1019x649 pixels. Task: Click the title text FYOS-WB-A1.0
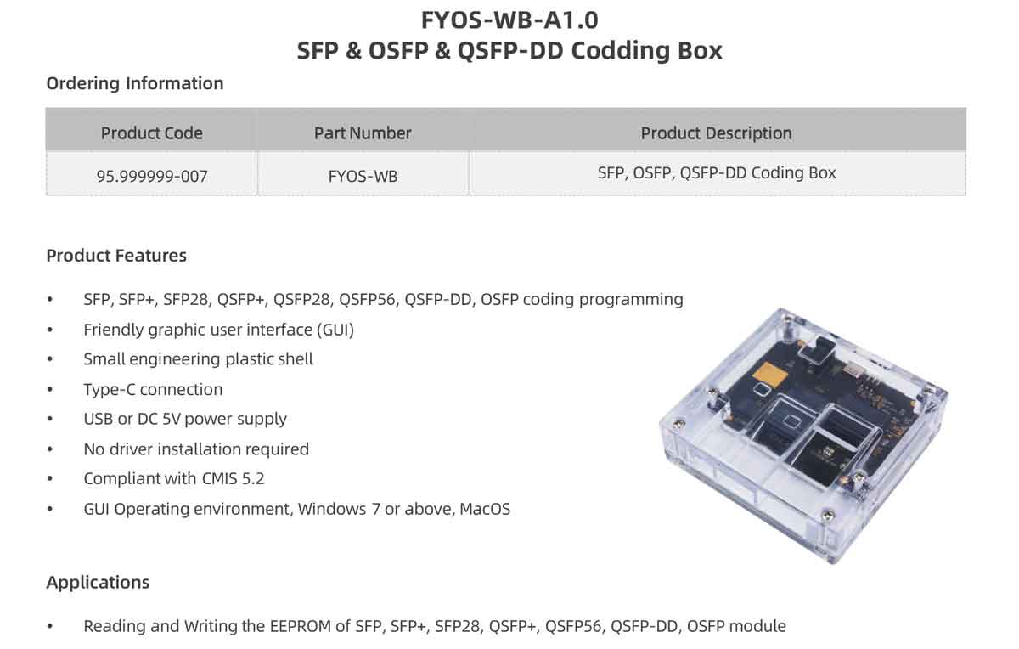[509, 20]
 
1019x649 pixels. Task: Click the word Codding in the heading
[620, 51]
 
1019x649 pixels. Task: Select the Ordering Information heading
[135, 84]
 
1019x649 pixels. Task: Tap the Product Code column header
[151, 133]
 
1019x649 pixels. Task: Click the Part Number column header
[363, 133]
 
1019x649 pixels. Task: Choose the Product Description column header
[717, 133]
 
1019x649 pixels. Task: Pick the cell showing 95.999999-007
[152, 176]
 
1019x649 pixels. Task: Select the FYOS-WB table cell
[363, 176]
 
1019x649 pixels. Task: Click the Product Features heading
[116, 256]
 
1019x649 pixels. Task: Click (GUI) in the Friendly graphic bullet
[335, 330]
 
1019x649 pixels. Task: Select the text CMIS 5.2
[233, 479]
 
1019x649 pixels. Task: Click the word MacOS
[485, 509]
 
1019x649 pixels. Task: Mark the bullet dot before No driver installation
[50, 449]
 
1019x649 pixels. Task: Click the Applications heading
[98, 583]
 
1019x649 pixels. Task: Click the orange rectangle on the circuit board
[769, 375]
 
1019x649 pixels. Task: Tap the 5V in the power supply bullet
[171, 419]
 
